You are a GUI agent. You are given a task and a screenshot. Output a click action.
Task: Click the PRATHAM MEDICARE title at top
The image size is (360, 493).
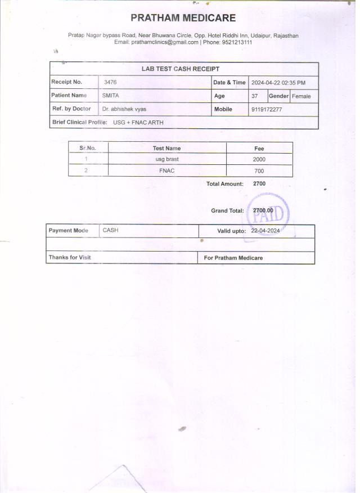(x=183, y=19)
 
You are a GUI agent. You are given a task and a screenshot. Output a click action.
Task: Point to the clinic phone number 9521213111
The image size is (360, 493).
(x=236, y=42)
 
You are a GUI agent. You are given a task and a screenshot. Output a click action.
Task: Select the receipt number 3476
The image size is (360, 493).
(x=111, y=82)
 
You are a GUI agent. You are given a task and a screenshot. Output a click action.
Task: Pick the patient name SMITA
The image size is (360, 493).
(x=111, y=96)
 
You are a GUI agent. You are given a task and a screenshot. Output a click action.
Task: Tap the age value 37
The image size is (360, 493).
(x=255, y=96)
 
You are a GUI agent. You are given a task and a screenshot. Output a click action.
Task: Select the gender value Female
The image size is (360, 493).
(x=301, y=96)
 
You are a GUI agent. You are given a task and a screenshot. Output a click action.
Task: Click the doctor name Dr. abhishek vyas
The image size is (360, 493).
(x=124, y=109)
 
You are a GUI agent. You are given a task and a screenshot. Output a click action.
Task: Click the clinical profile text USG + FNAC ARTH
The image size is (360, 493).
(x=138, y=122)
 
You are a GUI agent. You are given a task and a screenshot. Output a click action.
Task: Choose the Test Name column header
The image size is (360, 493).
(x=166, y=149)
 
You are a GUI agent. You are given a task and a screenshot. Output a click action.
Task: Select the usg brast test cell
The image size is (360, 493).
(x=167, y=159)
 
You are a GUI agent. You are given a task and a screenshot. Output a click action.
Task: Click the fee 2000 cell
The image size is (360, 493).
(x=259, y=159)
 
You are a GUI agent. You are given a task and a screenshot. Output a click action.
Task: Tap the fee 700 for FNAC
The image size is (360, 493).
(x=259, y=171)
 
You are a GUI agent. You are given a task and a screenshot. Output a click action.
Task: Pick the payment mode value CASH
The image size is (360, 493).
(x=111, y=231)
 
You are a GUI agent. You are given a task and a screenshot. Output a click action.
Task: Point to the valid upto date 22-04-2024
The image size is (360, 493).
(x=265, y=231)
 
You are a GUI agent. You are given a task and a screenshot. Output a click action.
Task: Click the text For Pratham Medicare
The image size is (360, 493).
(x=233, y=258)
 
